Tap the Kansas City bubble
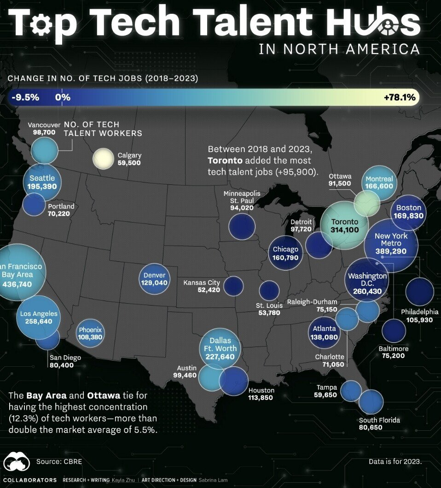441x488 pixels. (233, 286)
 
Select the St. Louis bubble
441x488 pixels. (269, 291)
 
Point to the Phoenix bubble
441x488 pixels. (90, 333)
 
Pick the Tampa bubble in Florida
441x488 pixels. (351, 390)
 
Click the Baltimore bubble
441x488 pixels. (394, 330)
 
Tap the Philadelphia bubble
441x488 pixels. (419, 291)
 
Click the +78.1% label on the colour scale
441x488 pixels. (399, 97)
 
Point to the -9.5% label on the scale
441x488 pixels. (26, 97)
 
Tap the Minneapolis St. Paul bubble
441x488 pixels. (242, 226)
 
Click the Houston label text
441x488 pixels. (261, 390)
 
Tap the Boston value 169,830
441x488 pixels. (409, 215)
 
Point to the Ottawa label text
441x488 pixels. (340, 176)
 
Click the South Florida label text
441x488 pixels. (379, 420)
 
